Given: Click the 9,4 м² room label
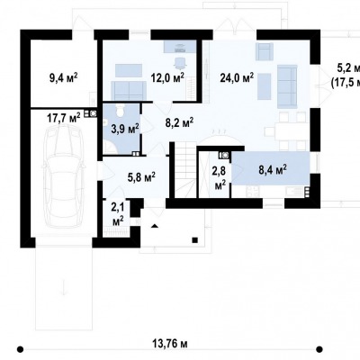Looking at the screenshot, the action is click(x=64, y=78).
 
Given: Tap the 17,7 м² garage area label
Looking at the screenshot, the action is click(x=64, y=117).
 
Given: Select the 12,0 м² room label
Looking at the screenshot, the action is click(x=167, y=77).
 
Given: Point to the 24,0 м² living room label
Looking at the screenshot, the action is click(x=237, y=77).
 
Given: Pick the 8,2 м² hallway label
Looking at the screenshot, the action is click(x=179, y=122).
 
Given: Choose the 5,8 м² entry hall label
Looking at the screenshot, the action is click(x=141, y=177).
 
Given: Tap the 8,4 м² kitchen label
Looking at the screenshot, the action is click(x=273, y=170).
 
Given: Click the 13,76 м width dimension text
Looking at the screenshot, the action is click(x=170, y=343).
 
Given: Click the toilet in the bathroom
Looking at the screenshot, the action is click(x=120, y=110).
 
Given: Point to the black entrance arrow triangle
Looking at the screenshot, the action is click(x=155, y=226).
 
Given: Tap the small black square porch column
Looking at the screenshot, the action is click(x=195, y=239).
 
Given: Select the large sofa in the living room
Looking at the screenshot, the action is click(x=287, y=86).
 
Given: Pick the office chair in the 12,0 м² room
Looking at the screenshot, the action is click(x=180, y=62).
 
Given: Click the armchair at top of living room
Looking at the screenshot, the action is click(x=265, y=50).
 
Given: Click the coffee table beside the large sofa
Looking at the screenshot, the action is click(x=264, y=86).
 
